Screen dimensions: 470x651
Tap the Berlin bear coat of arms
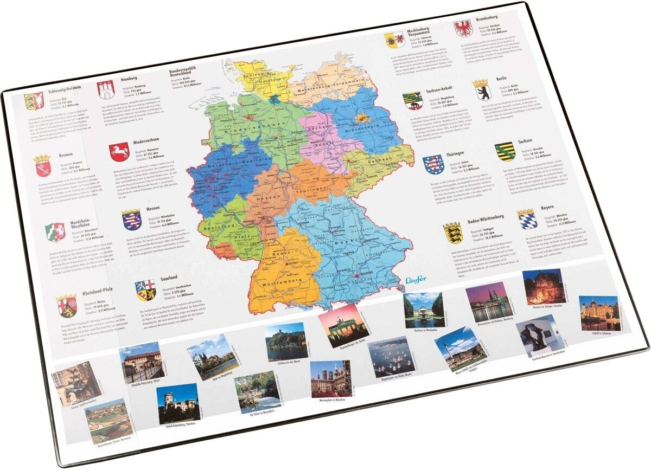point(480,89)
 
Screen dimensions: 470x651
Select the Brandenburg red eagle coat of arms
point(463,28)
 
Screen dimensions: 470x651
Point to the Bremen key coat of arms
point(42,165)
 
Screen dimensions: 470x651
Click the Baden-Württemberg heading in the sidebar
point(486,217)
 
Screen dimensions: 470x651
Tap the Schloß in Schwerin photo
point(599,313)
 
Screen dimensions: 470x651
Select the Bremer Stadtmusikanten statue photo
point(76,383)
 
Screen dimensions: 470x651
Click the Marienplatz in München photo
point(330,378)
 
